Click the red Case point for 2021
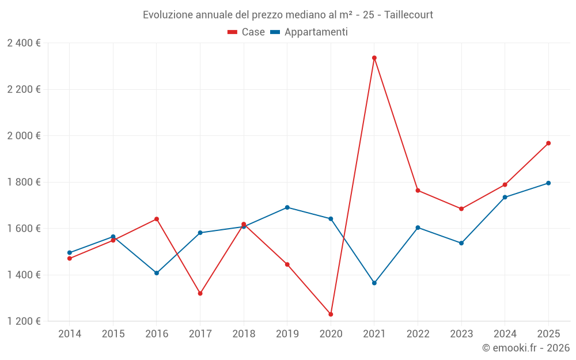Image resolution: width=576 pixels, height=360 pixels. pyautogui.click(x=374, y=58)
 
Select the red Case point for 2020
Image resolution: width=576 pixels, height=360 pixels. pyautogui.click(x=331, y=314)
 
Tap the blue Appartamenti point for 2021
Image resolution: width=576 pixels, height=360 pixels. pyautogui.click(x=374, y=283)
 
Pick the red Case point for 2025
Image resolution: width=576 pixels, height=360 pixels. pyautogui.click(x=548, y=143)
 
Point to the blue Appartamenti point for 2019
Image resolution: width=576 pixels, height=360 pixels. pyautogui.click(x=287, y=207)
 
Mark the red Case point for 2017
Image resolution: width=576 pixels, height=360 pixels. pyautogui.click(x=200, y=294)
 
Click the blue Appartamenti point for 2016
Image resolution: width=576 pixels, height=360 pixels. pyautogui.click(x=157, y=273)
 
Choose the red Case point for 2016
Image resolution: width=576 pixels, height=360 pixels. pyautogui.click(x=157, y=219)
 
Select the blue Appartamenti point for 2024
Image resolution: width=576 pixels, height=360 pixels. pyautogui.click(x=505, y=197)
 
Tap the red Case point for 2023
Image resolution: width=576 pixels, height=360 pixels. pyautogui.click(x=461, y=209)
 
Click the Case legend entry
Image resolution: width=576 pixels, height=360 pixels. pyautogui.click(x=246, y=32)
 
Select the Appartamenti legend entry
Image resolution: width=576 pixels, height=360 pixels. pyautogui.click(x=309, y=32)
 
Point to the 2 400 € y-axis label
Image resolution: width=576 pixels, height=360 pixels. pyautogui.click(x=24, y=43)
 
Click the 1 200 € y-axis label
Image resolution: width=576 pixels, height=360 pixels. pyautogui.click(x=24, y=321)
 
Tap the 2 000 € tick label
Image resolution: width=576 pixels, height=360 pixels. pyautogui.click(x=24, y=136)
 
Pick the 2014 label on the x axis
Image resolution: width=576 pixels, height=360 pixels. pyautogui.click(x=70, y=334)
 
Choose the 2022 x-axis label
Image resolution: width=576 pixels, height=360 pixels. pyautogui.click(x=418, y=334)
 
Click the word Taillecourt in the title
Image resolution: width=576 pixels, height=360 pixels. pyautogui.click(x=408, y=15)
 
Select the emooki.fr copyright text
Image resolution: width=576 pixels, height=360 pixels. pyautogui.click(x=526, y=348)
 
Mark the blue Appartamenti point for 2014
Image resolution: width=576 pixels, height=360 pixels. pyautogui.click(x=70, y=253)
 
